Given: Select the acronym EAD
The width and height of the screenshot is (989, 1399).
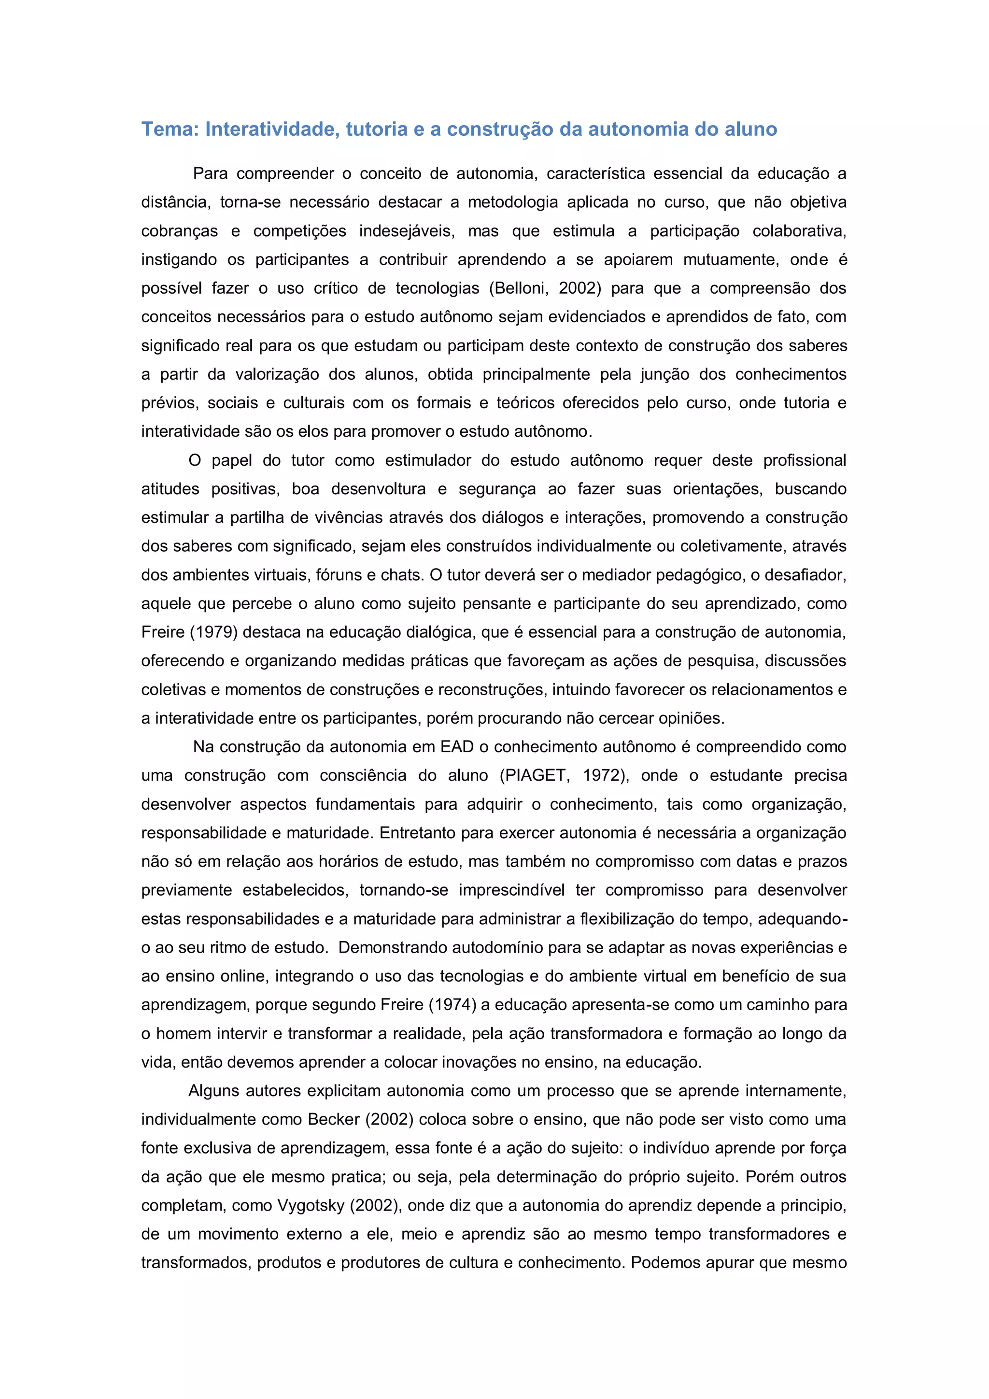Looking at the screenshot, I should [x=457, y=746].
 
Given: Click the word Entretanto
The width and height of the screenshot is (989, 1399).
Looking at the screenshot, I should [x=417, y=832].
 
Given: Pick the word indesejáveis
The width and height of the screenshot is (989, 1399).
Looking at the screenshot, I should [x=406, y=231].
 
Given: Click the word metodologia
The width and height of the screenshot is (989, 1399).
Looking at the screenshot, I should [x=513, y=202].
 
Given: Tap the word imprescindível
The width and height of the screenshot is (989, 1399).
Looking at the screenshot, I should [x=512, y=890].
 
